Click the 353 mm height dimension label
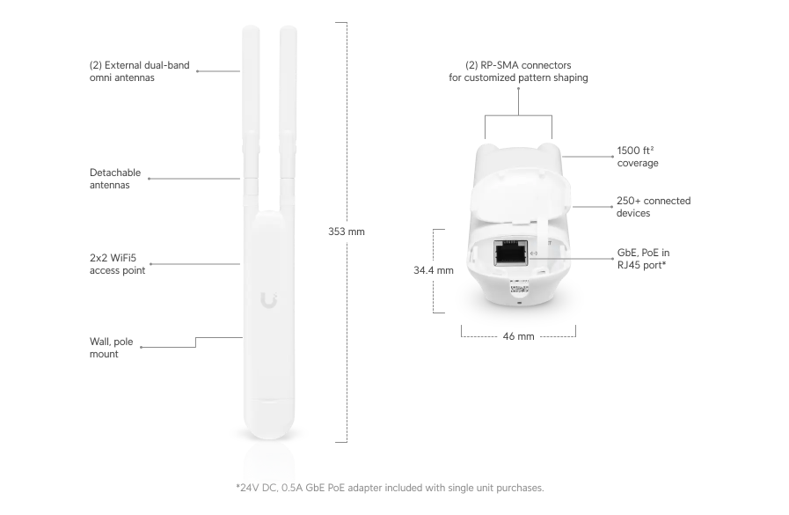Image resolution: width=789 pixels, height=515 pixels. pos(346,232)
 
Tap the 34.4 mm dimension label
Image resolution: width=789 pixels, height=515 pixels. pos(433,270)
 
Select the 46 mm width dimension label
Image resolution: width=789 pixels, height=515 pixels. pos(518,336)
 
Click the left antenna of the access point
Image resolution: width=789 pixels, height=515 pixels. pos(248,106)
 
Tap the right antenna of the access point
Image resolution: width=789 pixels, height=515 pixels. pos(288,106)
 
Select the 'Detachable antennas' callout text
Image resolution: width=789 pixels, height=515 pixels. pos(115,180)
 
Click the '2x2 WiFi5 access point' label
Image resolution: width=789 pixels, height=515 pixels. pos(117,264)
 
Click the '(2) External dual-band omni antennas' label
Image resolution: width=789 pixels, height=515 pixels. pos(139,71)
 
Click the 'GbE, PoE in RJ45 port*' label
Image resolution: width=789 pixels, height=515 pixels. pos(643,257)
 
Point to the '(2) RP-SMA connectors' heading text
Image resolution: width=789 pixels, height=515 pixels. pos(518,65)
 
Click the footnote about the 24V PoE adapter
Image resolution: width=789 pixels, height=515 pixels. pos(390,487)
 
